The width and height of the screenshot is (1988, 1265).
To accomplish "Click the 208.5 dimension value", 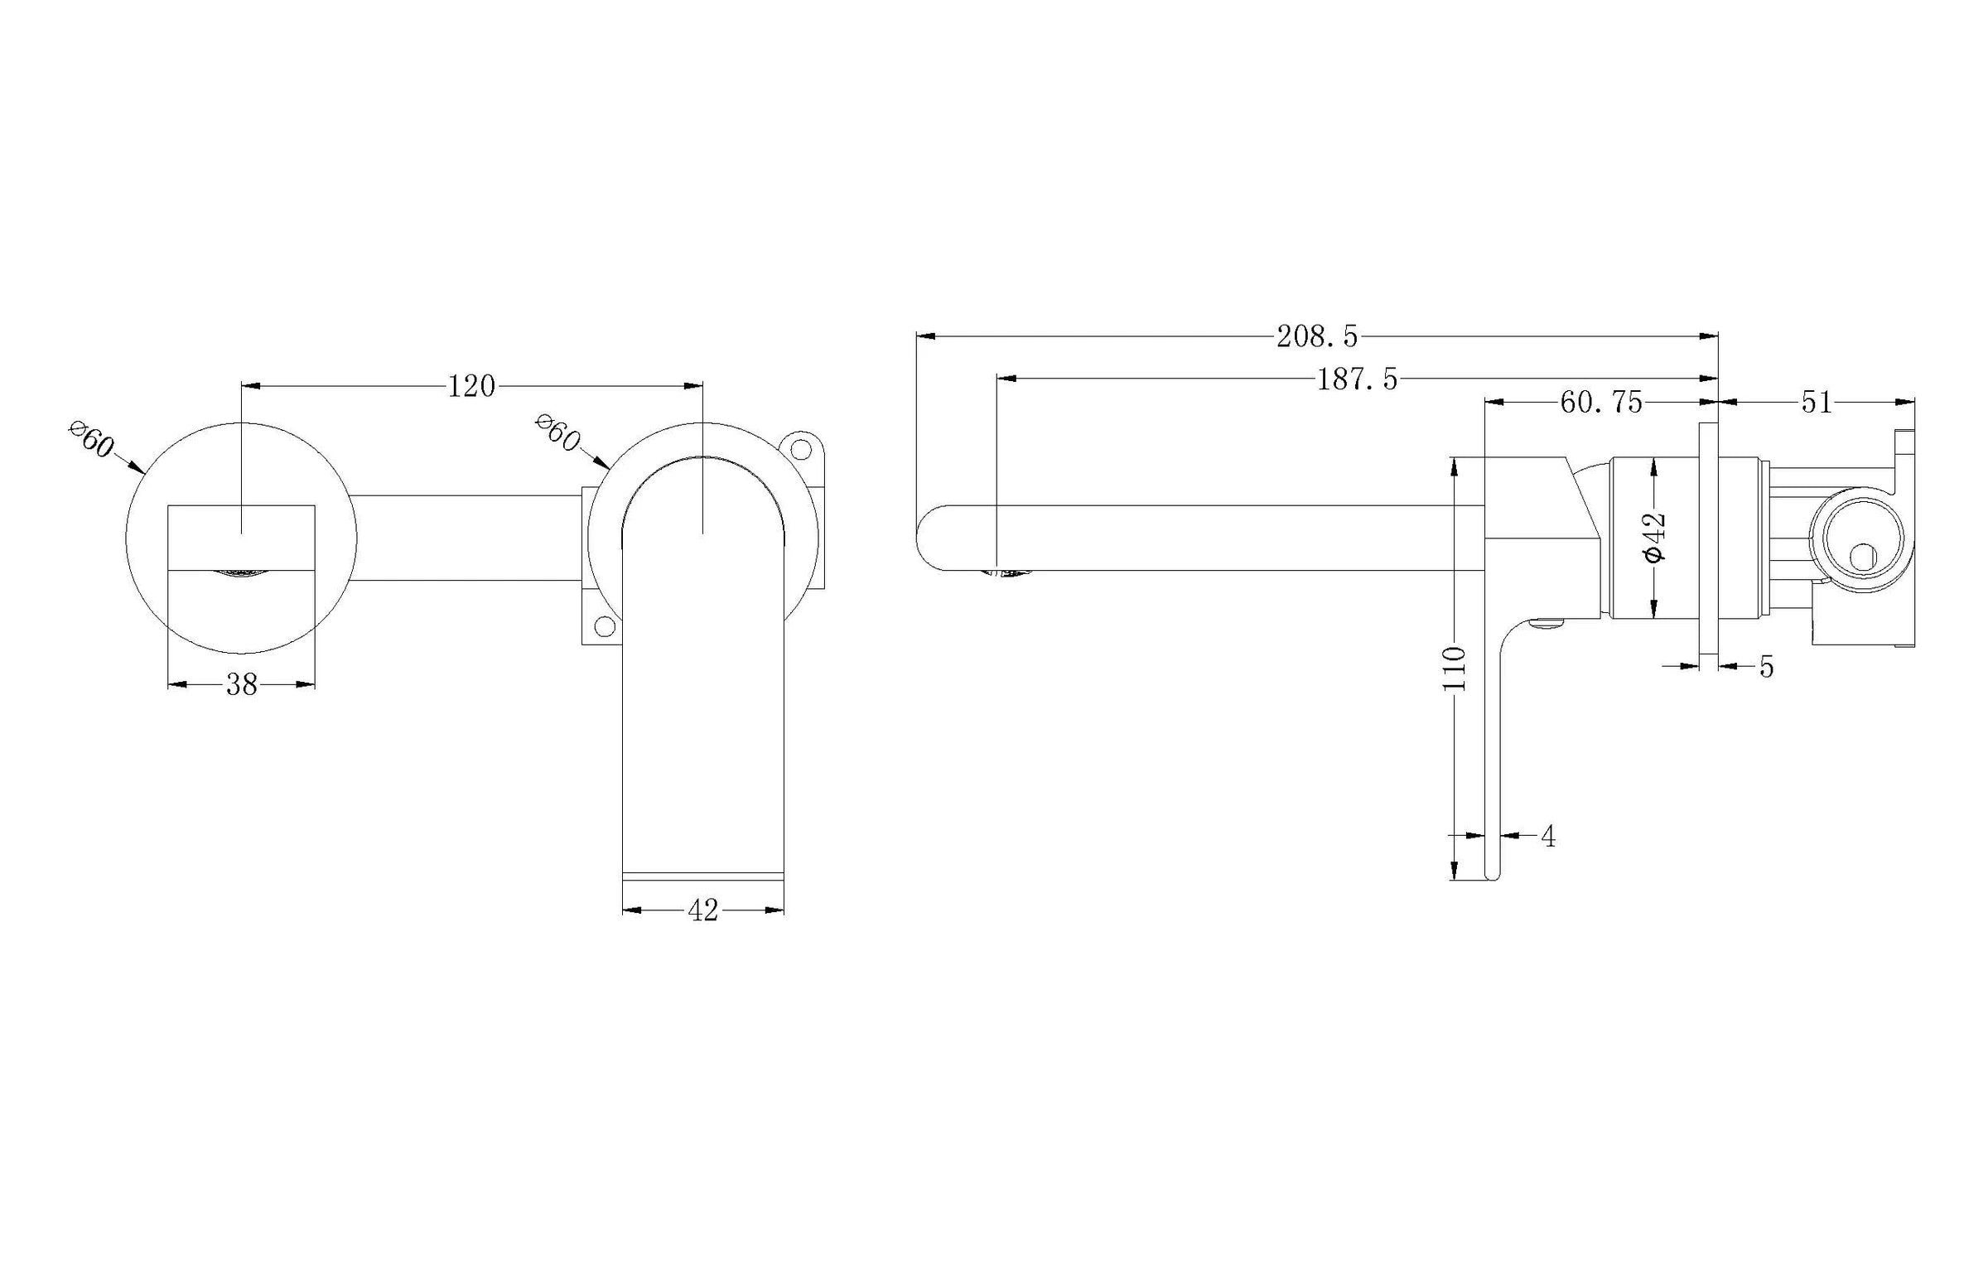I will [x=1316, y=336].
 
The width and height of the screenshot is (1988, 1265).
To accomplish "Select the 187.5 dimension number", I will [x=1357, y=379].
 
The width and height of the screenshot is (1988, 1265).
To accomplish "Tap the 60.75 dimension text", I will [x=1600, y=403].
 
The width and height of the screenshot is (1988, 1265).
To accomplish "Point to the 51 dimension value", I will [x=1816, y=403].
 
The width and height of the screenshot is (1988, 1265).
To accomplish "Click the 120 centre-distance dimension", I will [x=471, y=386].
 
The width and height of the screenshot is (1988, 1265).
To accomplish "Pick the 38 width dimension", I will [x=242, y=684].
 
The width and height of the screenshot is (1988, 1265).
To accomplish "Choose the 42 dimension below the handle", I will [x=702, y=910].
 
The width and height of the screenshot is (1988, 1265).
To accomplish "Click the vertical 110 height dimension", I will [x=1455, y=669].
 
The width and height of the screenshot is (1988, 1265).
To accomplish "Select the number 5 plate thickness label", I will [x=1766, y=667].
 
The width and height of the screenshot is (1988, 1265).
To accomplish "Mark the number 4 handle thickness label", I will [x=1548, y=837].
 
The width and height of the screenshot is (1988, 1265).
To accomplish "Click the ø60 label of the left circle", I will [x=92, y=439].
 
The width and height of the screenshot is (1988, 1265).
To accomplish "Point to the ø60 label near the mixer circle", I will [x=557, y=432].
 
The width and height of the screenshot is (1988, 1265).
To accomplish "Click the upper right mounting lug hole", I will [x=801, y=449].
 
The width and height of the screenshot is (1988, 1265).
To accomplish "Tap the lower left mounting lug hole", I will [x=605, y=625].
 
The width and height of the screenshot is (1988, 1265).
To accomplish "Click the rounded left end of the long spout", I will [x=923, y=537].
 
